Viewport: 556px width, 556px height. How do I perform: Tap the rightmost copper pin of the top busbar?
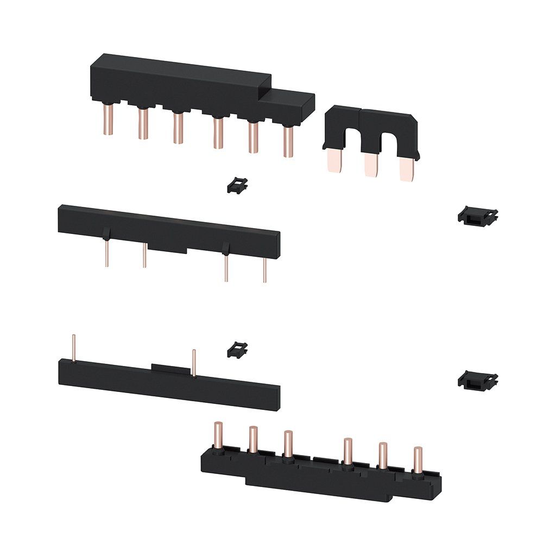288,142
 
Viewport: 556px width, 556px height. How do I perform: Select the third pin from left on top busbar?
178,129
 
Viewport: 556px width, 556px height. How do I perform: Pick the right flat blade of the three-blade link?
406,169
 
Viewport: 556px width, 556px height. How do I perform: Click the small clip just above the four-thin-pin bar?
237,185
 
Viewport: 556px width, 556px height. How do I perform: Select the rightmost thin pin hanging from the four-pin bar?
265,269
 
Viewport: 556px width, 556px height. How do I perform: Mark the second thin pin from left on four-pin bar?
144,256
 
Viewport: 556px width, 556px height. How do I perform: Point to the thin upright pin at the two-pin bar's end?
73,348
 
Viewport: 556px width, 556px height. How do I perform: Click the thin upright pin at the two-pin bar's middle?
194,362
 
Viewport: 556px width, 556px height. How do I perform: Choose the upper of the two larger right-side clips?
478,217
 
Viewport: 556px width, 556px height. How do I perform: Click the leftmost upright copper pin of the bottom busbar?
218,434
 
